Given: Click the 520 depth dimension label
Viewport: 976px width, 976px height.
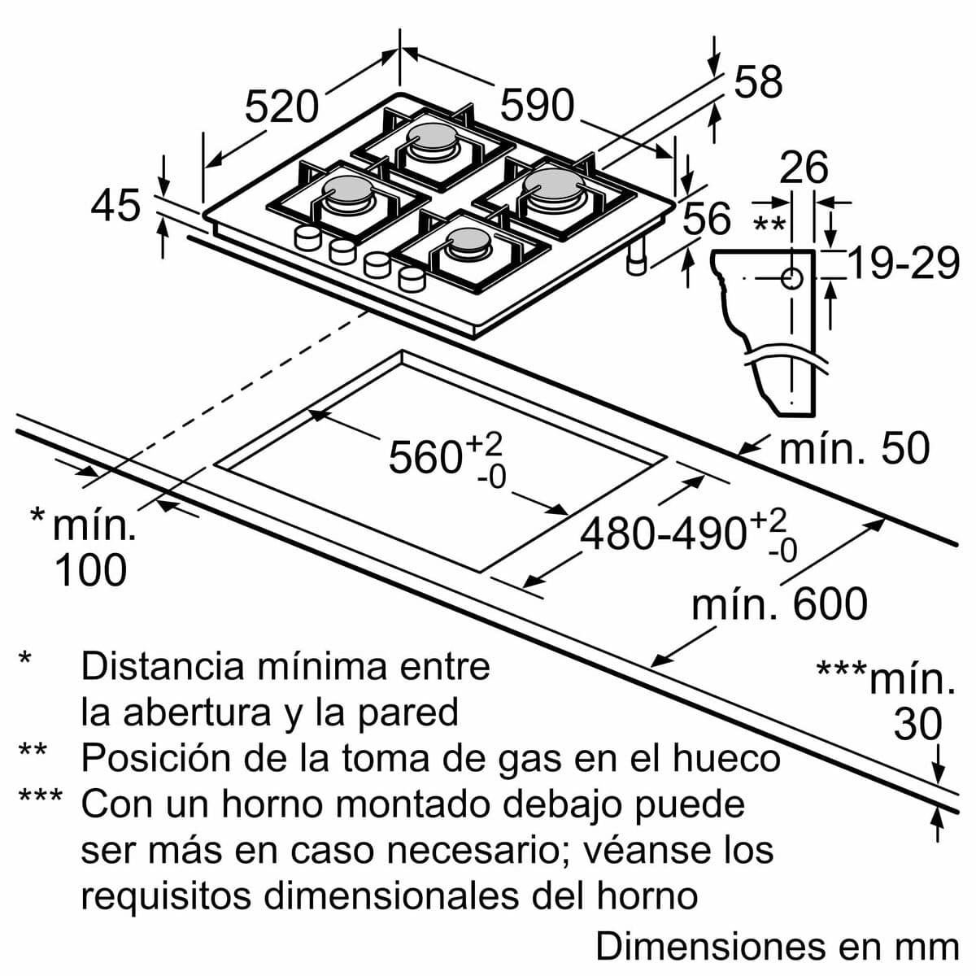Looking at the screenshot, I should tap(281, 107).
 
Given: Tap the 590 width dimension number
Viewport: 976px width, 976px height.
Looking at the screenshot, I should tap(537, 106).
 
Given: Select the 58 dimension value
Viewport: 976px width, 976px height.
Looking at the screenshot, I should tap(758, 82).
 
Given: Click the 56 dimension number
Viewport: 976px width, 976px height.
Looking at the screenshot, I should tap(706, 220).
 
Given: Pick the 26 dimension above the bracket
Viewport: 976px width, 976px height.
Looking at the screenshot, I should tap(804, 168).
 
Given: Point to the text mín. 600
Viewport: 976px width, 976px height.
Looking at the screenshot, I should tap(779, 604).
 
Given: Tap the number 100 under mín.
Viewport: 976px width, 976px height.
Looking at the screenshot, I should tap(90, 570).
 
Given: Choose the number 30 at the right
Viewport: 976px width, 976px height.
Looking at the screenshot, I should tap(917, 725).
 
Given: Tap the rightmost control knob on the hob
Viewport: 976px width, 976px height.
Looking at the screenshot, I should tap(412, 279).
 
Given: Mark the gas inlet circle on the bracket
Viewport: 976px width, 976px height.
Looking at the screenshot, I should tap(791, 279).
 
